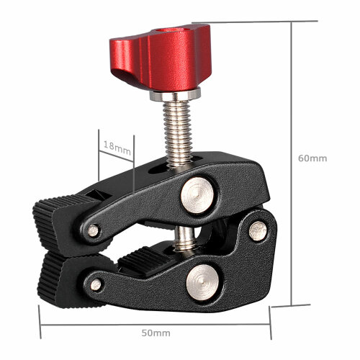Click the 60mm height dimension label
point(312,158)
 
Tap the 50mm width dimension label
point(156,333)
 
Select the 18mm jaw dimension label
point(117,148)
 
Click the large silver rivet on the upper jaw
point(197,195)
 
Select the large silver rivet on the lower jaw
point(203,282)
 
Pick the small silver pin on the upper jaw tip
point(93,230)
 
